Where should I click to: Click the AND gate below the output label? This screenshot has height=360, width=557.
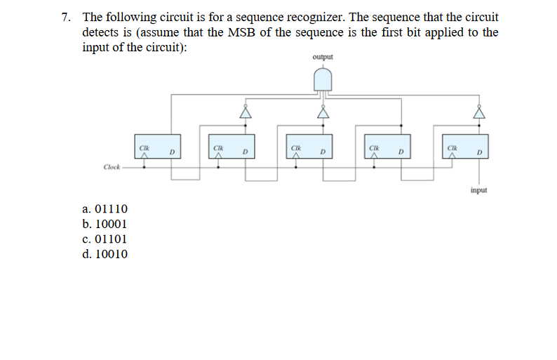point(323,81)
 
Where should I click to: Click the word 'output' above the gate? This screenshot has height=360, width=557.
point(323,57)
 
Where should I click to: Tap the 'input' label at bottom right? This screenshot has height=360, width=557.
point(480,190)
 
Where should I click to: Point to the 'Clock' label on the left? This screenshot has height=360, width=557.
point(112,167)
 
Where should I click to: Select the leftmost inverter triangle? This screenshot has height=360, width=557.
point(246,111)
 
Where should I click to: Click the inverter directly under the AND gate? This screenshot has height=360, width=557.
point(323,111)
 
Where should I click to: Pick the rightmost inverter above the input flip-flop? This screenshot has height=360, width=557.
point(480,111)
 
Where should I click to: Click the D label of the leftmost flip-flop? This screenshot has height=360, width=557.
point(171,152)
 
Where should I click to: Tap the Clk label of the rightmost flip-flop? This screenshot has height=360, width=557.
point(452,147)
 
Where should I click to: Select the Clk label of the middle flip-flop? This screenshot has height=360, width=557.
point(297,147)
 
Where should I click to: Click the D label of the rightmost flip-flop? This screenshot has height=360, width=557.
point(479,152)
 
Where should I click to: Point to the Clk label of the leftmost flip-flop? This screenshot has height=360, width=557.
point(144,147)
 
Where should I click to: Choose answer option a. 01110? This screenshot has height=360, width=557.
point(105,208)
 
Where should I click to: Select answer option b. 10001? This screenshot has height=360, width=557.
point(105,224)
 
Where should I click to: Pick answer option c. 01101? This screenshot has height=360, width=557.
point(105,239)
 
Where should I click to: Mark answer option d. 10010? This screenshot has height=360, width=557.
point(105,254)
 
